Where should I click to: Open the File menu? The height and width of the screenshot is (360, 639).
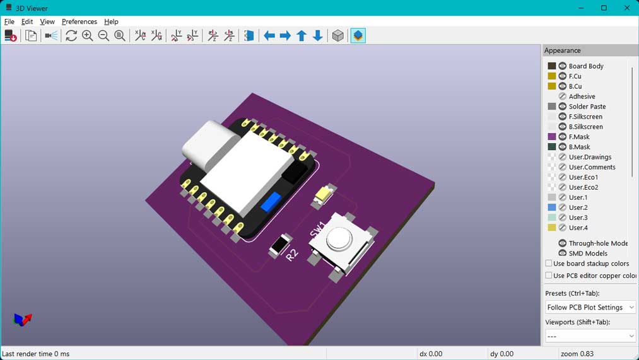coord(9,21)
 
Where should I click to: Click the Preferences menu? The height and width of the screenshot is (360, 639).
coord(79,21)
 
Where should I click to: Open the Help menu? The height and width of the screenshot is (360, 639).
coord(111,21)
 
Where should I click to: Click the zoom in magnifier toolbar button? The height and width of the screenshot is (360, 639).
coord(88,36)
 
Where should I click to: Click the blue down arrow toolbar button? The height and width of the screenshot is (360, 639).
coord(318,36)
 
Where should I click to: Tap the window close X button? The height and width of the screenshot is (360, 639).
coord(626,8)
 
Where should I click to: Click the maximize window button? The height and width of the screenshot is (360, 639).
coord(604,8)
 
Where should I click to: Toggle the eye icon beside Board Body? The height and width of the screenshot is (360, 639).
coord(562,66)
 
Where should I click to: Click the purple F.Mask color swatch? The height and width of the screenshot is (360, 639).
coord(552,137)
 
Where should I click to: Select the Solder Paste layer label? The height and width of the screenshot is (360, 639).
coord(587,107)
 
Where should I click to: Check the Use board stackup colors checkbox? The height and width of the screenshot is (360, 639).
coord(549,264)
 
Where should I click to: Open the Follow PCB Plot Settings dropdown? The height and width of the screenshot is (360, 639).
coord(590,307)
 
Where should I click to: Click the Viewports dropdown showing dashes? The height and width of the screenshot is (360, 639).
coord(590,337)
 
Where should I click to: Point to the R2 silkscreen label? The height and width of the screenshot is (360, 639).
coord(291,255)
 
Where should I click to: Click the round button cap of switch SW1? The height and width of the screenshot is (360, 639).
coord(339,238)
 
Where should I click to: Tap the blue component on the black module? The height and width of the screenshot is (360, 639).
coord(270,202)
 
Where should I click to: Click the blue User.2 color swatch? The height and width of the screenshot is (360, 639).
coord(552,207)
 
